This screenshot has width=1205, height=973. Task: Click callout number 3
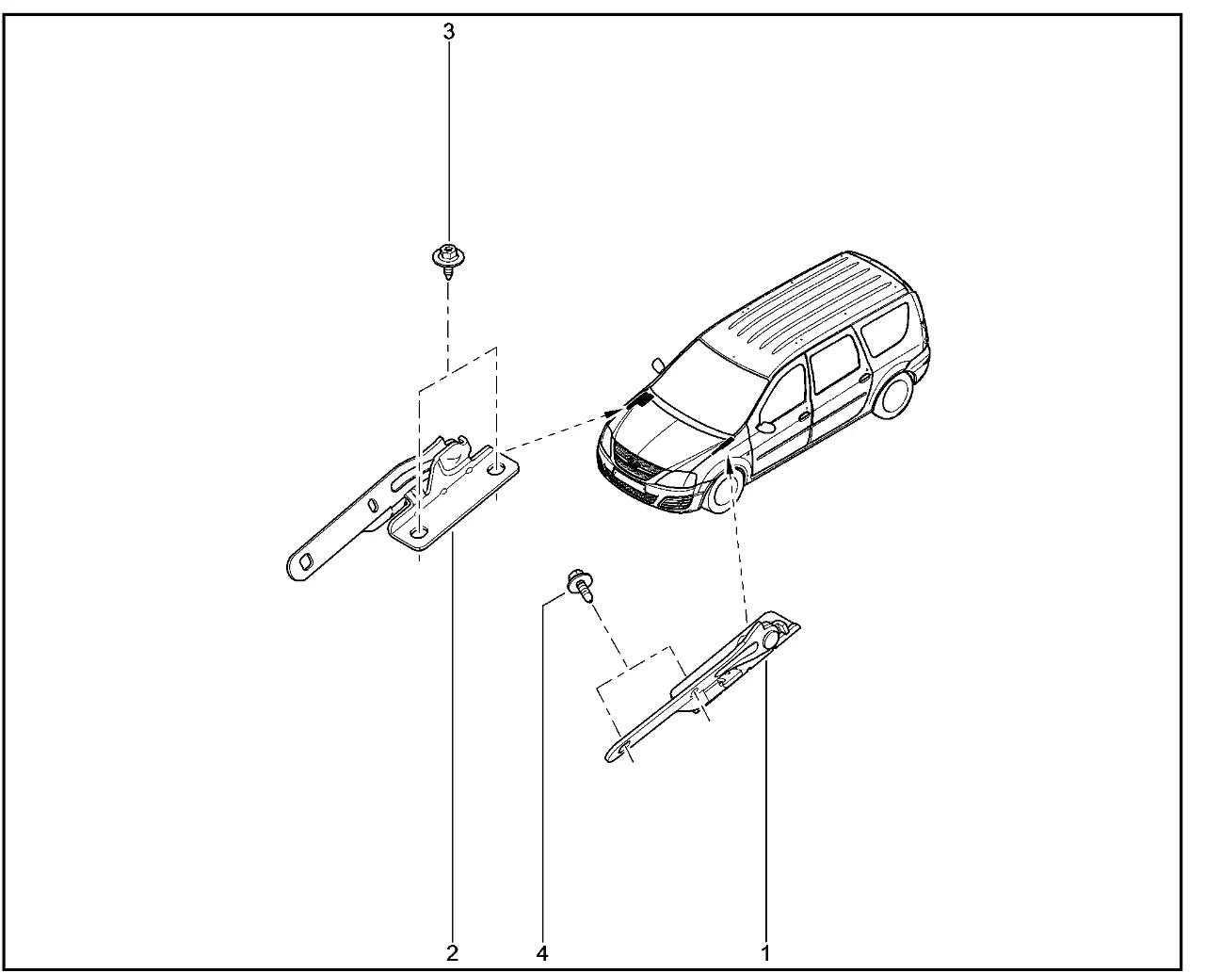pyautogui.click(x=449, y=32)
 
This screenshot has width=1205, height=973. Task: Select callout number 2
pyautogui.click(x=452, y=953)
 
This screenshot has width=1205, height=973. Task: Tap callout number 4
pyautogui.click(x=542, y=953)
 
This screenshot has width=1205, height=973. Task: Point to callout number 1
pyautogui.click(x=765, y=953)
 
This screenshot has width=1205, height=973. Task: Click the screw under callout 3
pyautogui.click(x=448, y=261)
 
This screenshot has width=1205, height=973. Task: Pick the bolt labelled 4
pyautogui.click(x=581, y=585)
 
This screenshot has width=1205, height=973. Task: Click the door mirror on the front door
pyautogui.click(x=766, y=427)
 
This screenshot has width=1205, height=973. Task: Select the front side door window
pyautogui.click(x=782, y=397)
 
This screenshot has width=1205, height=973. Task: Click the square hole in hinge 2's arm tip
pyautogui.click(x=306, y=561)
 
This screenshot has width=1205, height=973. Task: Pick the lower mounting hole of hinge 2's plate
pyautogui.click(x=419, y=532)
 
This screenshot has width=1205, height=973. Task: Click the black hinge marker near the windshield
pyautogui.click(x=644, y=399)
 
